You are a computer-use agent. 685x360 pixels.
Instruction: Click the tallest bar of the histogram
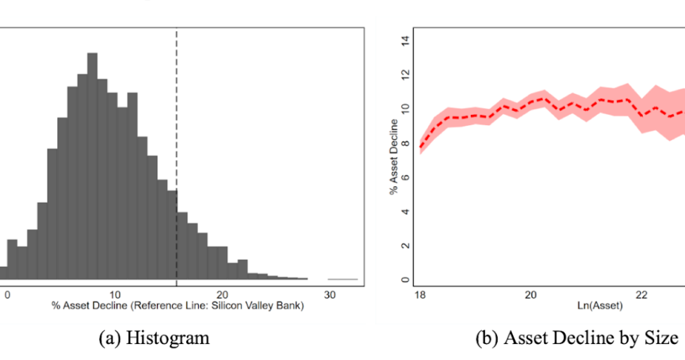click(x=92, y=167)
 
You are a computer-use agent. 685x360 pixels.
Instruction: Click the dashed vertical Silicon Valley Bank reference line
click(x=176, y=128)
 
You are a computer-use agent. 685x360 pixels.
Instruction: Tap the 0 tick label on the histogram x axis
click(x=7, y=295)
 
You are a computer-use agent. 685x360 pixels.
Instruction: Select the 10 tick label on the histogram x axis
click(x=114, y=295)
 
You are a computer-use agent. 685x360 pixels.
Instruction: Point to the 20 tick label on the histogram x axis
click(x=221, y=295)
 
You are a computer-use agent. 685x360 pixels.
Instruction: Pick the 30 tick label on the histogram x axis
click(x=329, y=295)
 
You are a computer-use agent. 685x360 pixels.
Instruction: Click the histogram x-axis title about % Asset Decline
click(x=179, y=305)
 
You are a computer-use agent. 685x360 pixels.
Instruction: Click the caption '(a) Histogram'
click(x=154, y=338)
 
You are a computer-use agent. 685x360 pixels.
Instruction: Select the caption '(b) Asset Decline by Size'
click(x=576, y=338)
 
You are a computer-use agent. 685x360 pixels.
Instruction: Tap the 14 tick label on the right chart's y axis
click(x=404, y=42)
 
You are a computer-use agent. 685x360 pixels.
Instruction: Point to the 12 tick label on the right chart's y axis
click(x=404, y=76)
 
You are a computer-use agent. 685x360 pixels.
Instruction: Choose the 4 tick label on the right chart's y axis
click(x=404, y=212)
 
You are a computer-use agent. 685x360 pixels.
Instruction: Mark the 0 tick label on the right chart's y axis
click(x=404, y=280)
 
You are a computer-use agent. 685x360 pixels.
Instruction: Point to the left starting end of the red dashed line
click(x=421, y=147)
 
